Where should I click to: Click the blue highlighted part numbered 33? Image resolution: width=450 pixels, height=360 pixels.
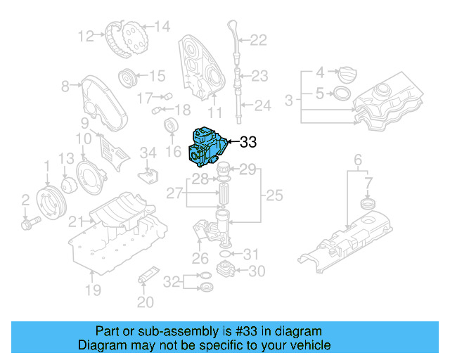pos(207,145)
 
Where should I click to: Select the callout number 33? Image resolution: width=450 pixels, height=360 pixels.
pos(249,143)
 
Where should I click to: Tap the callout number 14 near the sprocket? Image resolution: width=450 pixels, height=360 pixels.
pos(162,27)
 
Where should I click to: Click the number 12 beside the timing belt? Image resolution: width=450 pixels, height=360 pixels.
pos(86,35)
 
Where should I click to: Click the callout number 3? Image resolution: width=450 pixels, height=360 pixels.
pos(288,102)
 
